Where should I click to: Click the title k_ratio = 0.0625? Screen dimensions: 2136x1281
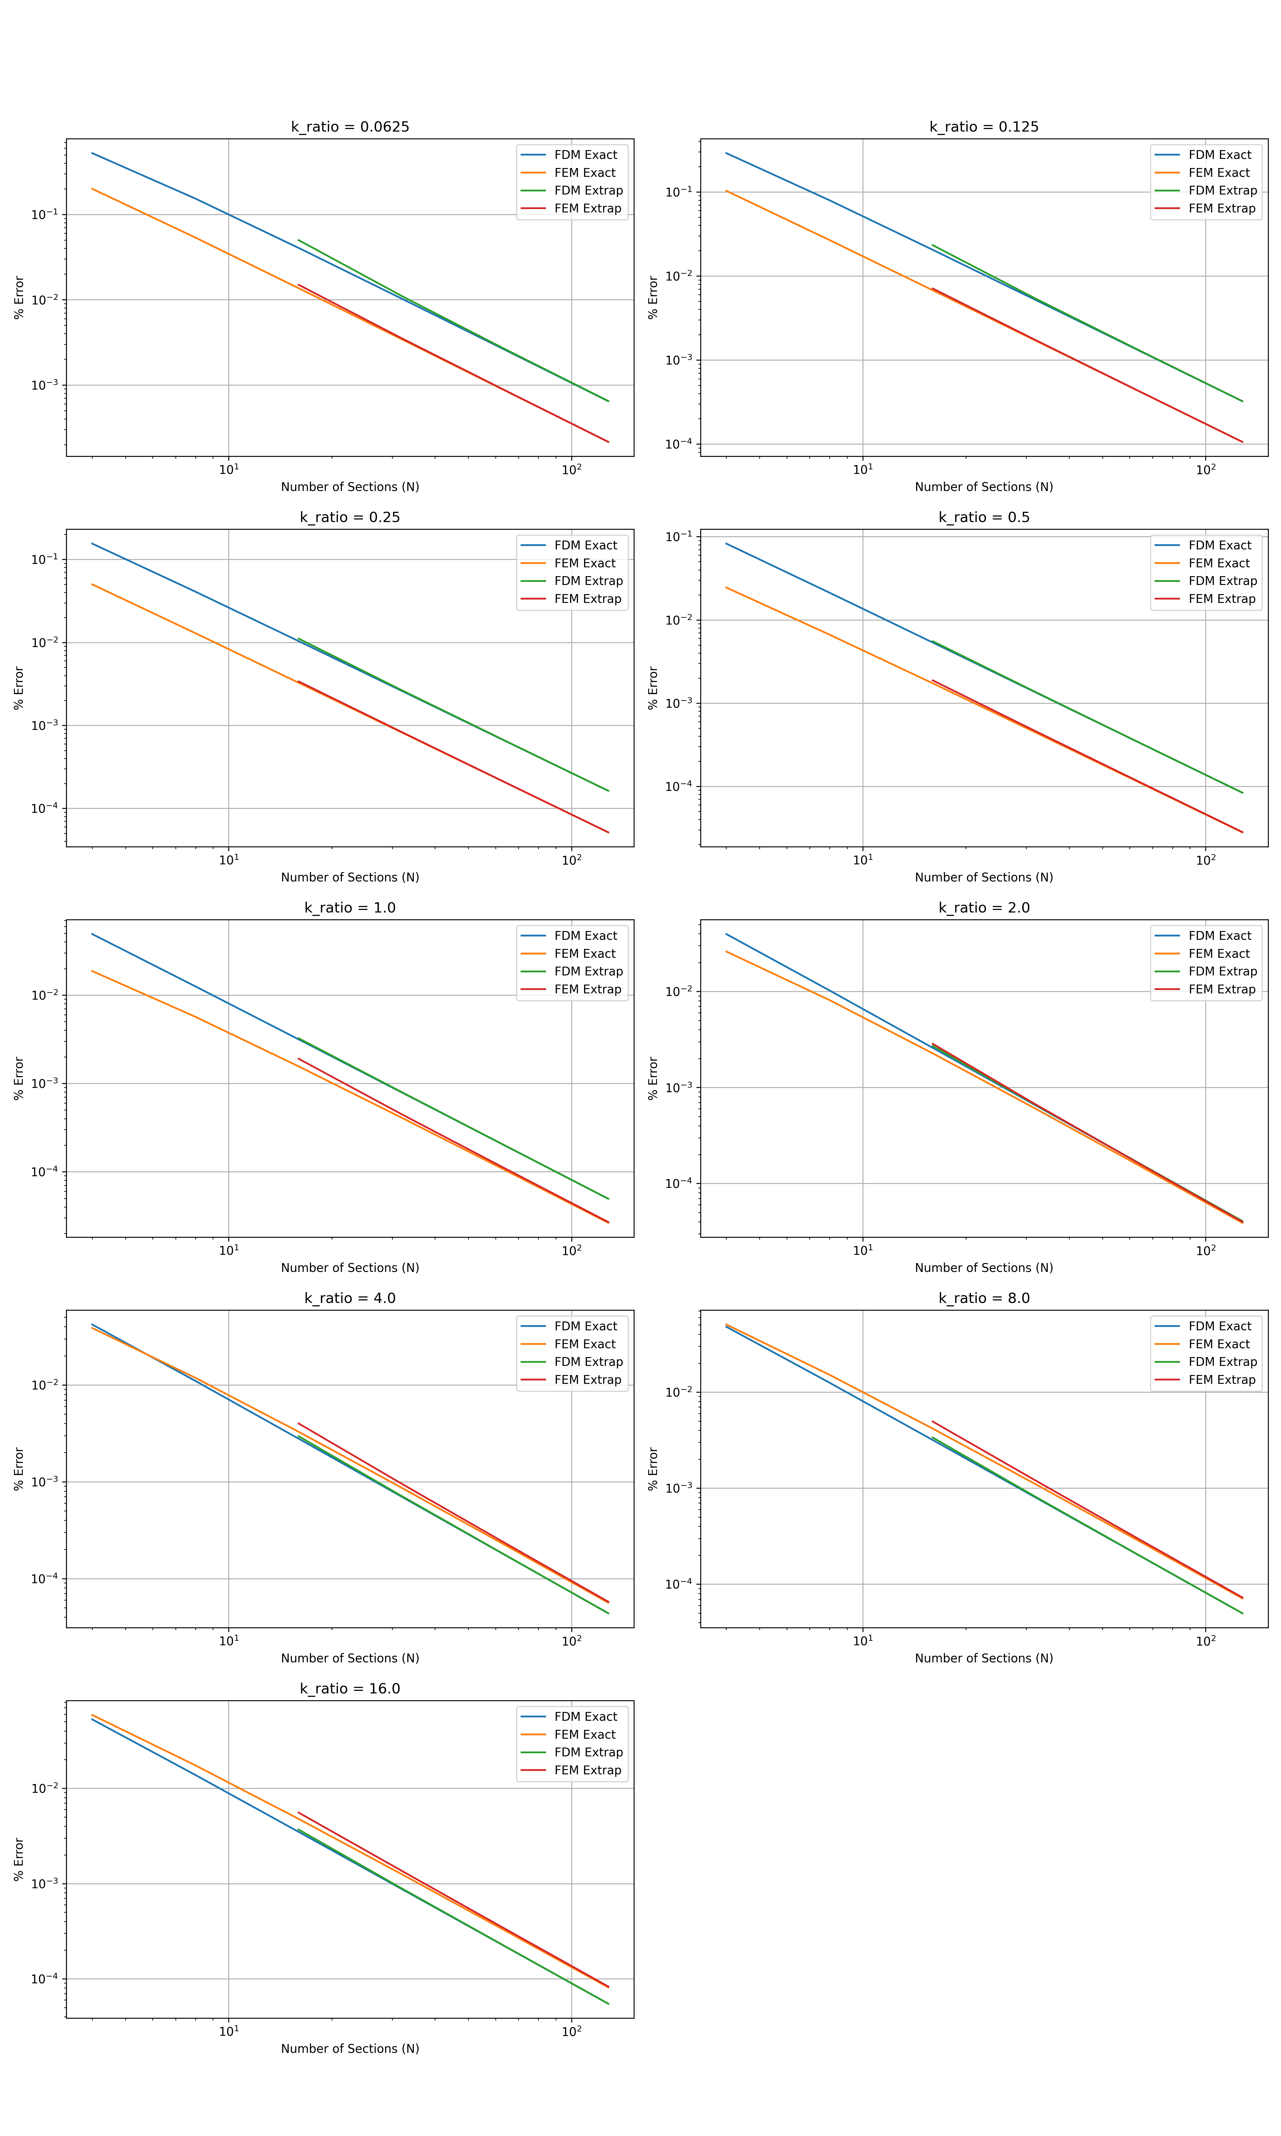click(350, 127)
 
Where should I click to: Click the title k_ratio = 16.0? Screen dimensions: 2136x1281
click(350, 1689)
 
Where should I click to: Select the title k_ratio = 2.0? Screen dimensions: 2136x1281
click(984, 907)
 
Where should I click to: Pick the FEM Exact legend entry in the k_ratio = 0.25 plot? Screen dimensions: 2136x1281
click(584, 563)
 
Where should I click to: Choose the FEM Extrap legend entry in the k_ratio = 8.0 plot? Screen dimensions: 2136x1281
click(1222, 1380)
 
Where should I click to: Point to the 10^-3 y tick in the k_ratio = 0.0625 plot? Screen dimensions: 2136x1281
click(45, 385)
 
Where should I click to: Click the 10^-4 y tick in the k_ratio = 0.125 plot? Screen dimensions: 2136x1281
click(679, 445)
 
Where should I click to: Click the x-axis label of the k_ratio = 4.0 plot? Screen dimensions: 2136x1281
click(350, 1658)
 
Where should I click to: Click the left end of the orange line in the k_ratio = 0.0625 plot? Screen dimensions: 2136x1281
click(92, 188)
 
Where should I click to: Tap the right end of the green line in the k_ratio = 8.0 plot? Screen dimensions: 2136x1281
click(1242, 1613)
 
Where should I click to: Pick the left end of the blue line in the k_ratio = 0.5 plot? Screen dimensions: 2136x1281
click(726, 544)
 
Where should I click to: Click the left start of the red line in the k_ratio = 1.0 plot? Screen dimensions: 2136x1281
click(298, 1059)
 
